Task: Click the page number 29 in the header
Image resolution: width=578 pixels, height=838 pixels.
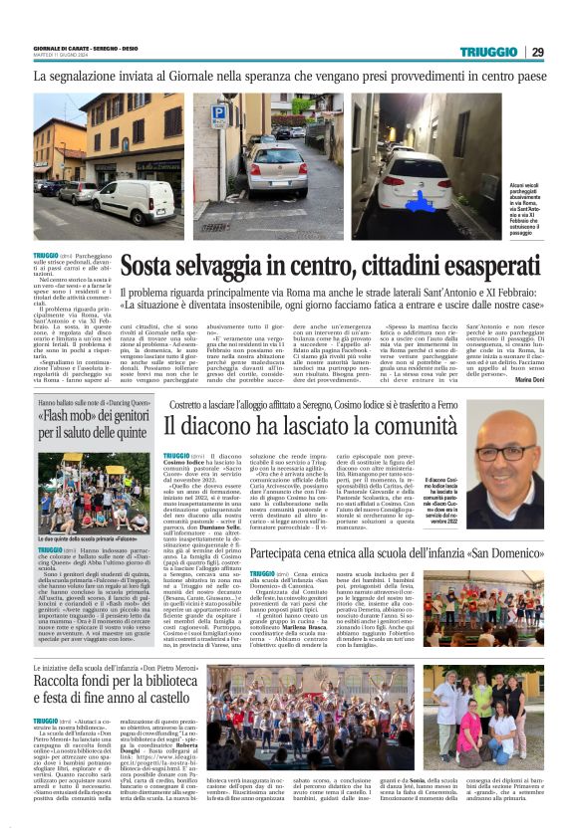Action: (x=537, y=52)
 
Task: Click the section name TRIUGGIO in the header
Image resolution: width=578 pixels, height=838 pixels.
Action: (x=489, y=52)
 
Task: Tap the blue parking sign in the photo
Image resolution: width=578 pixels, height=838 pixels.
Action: (x=218, y=116)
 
